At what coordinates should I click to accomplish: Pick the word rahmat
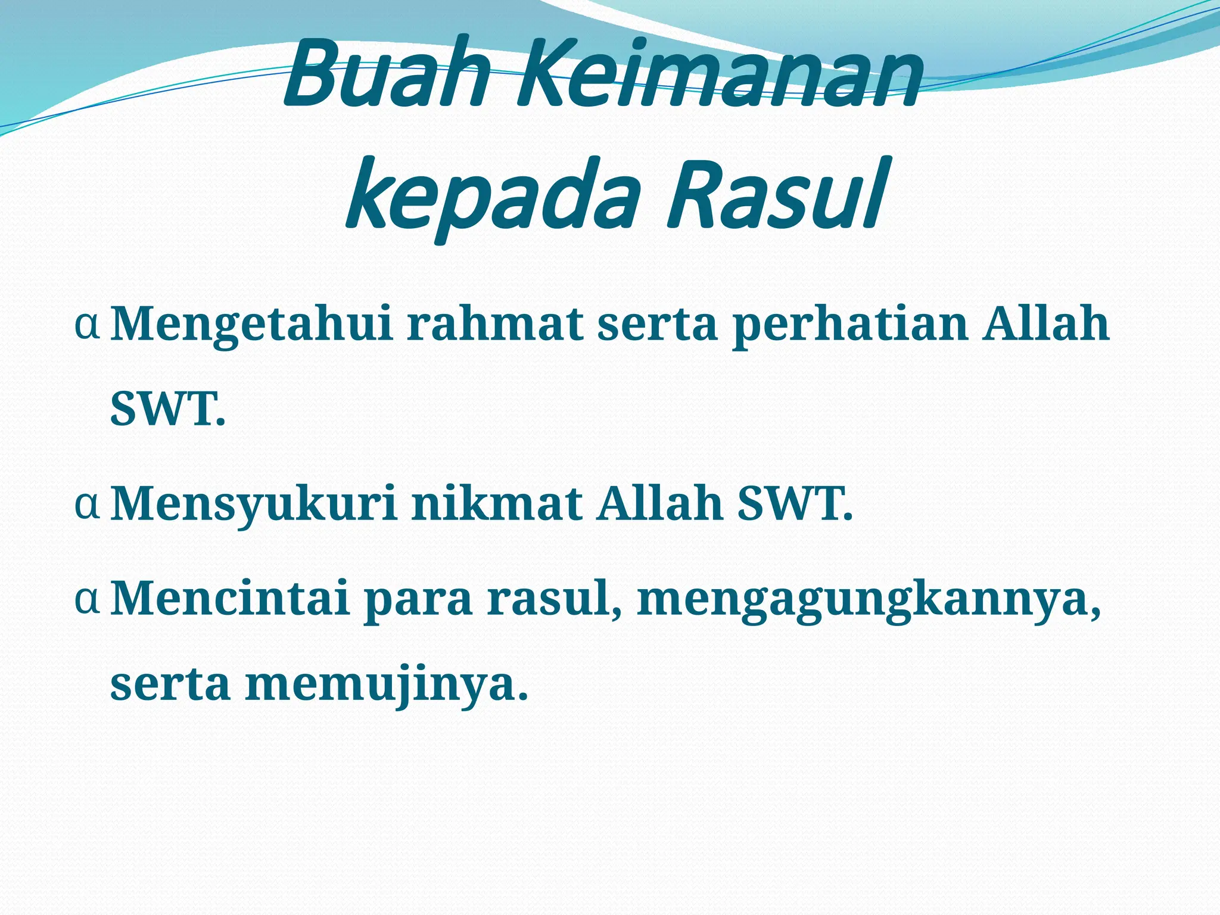[494, 324]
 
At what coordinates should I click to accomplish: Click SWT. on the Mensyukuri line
[795, 504]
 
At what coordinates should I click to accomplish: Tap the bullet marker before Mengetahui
[87, 325]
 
